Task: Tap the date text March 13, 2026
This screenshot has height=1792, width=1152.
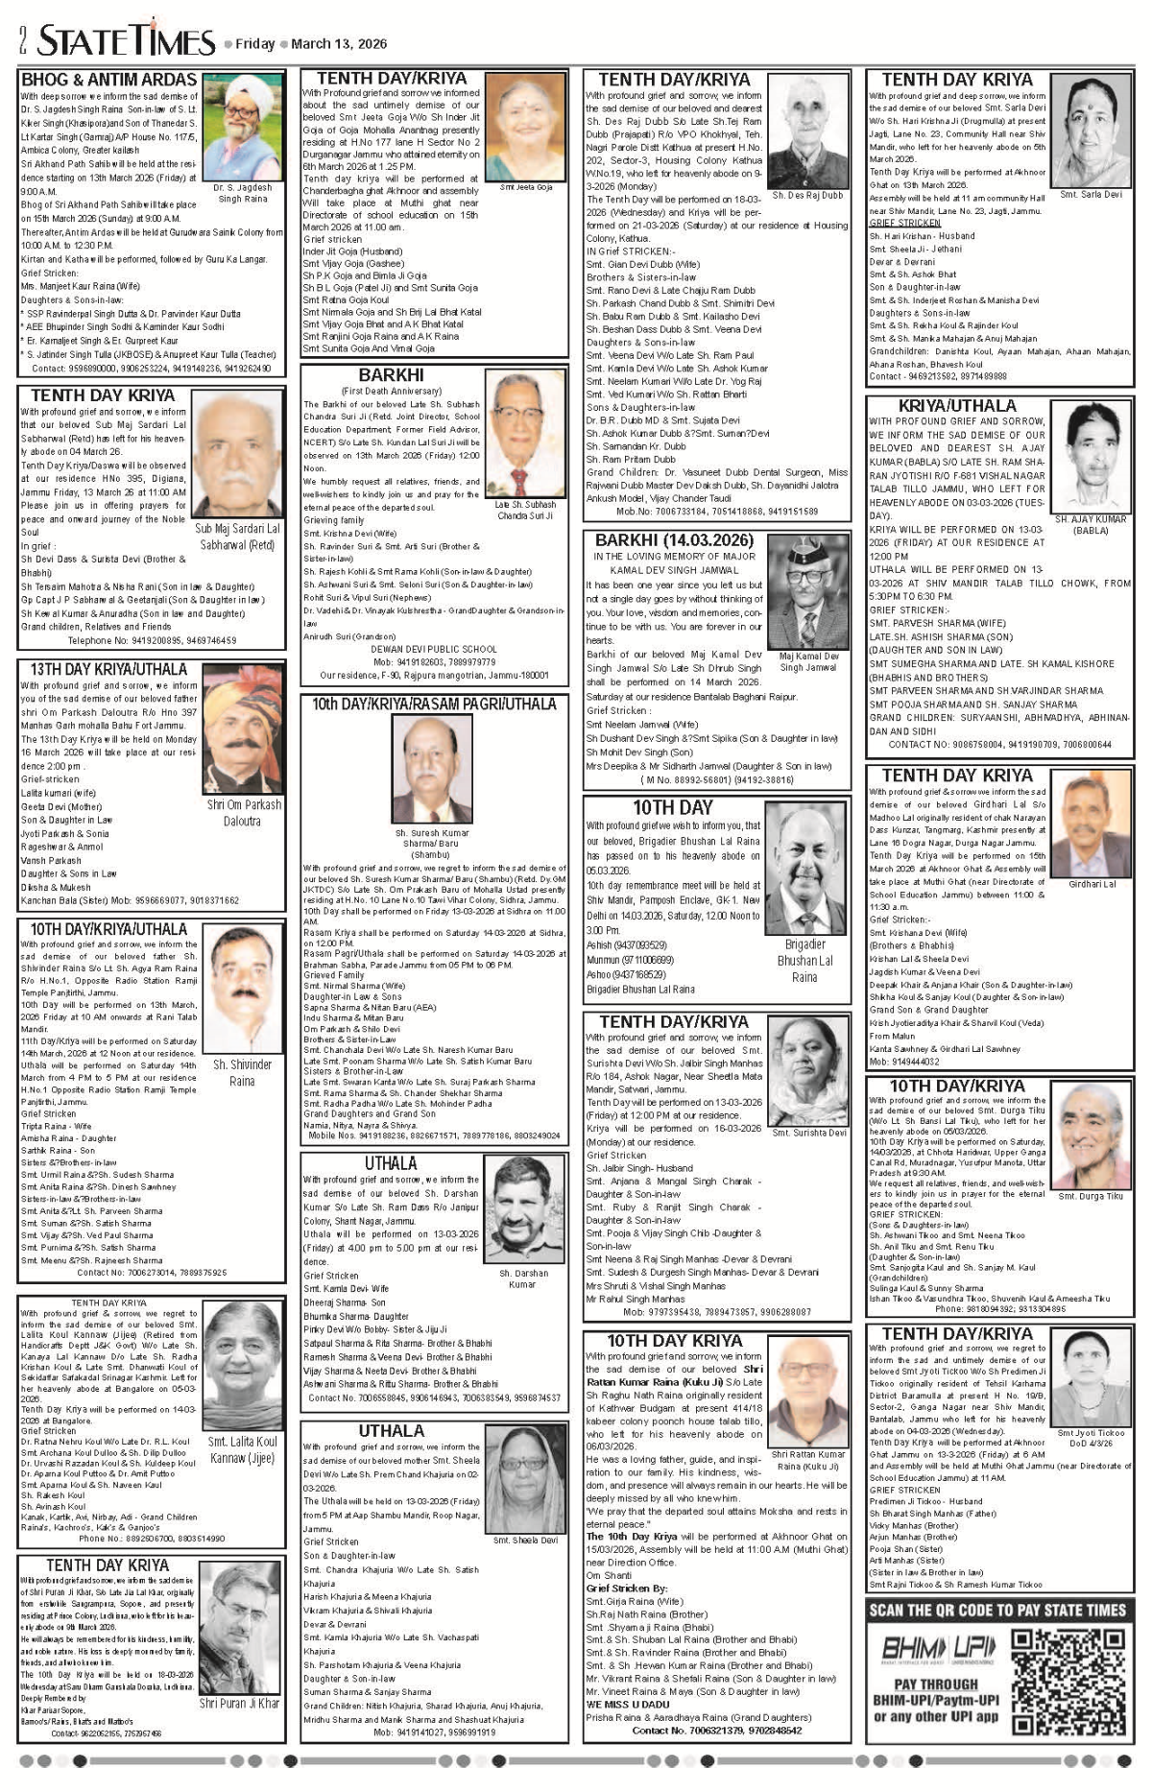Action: point(339,44)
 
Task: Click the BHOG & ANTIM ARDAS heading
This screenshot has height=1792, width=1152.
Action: point(108,80)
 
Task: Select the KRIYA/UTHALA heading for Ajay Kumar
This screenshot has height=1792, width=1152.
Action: point(956,406)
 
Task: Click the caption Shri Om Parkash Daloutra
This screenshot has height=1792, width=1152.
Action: point(244,812)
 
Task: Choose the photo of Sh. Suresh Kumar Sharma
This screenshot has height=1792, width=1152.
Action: point(431,769)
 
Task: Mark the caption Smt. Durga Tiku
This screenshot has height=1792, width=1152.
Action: point(1090,1196)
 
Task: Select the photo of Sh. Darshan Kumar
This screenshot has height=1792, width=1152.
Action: point(523,1210)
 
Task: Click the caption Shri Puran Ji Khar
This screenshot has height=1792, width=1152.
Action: point(239,1703)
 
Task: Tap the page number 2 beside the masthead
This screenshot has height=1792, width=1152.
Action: point(22,40)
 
